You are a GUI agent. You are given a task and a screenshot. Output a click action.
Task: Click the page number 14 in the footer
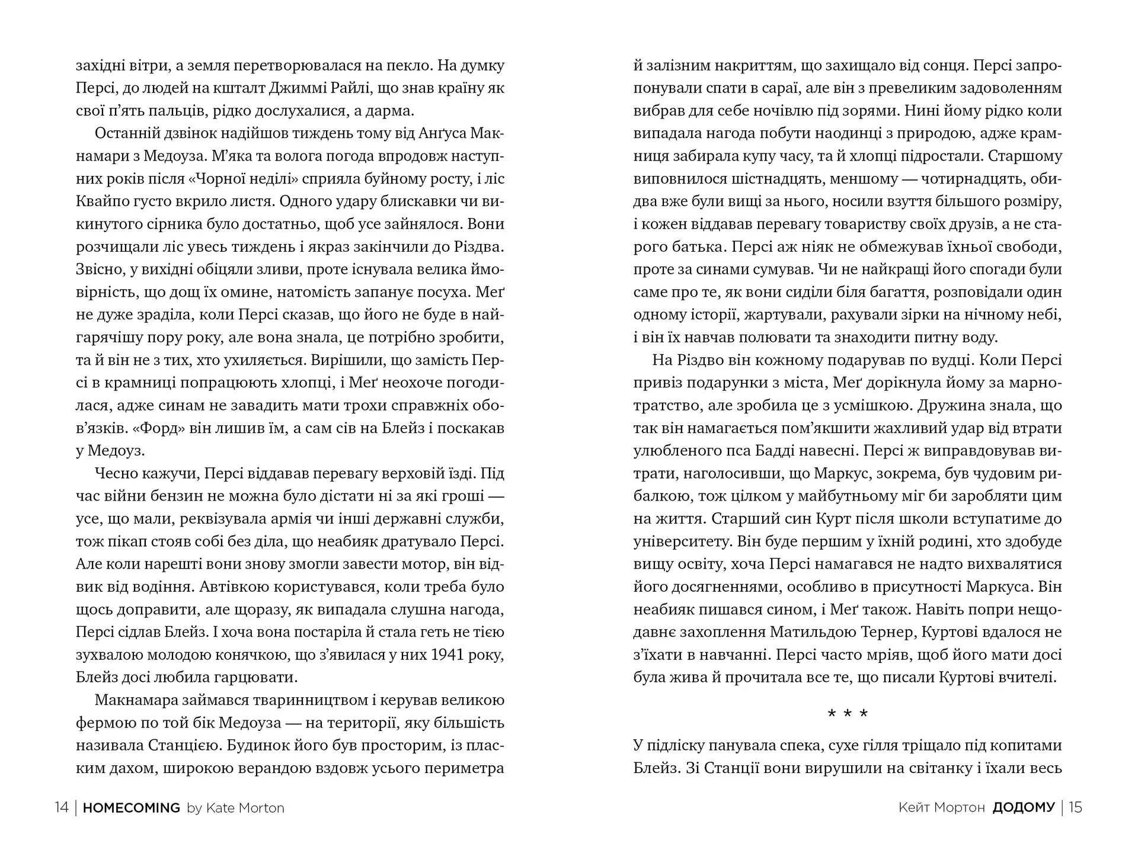tap(62, 807)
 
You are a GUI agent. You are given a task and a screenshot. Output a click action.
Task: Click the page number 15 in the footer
tap(1075, 807)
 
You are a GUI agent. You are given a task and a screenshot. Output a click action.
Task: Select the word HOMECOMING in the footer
tap(132, 807)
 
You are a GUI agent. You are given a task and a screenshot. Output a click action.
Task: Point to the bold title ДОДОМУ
tap(1024, 807)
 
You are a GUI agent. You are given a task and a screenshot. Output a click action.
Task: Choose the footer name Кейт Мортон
tap(941, 807)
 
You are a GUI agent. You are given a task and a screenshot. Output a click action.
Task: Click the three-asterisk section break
tap(848, 714)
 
